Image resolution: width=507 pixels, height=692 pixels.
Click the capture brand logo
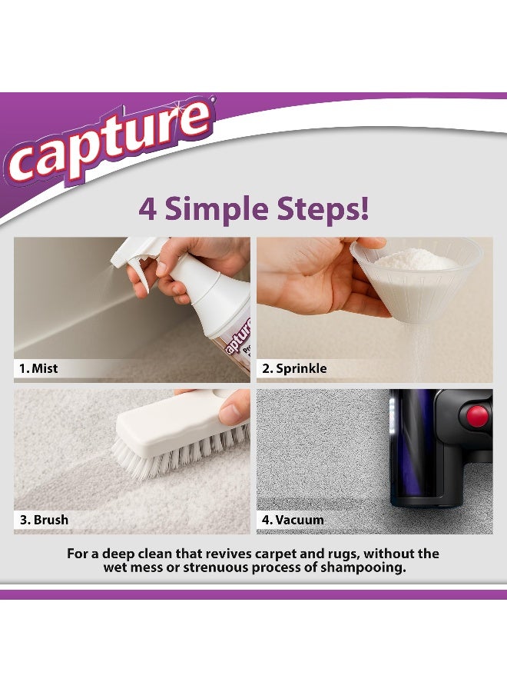[108, 146]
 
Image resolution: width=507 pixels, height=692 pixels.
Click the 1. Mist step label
[38, 368]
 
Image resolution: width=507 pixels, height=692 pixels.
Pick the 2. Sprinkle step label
[294, 368]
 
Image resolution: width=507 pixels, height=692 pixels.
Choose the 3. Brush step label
[44, 520]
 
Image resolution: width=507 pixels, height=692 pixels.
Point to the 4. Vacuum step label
[293, 520]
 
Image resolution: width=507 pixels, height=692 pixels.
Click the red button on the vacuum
[478, 417]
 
